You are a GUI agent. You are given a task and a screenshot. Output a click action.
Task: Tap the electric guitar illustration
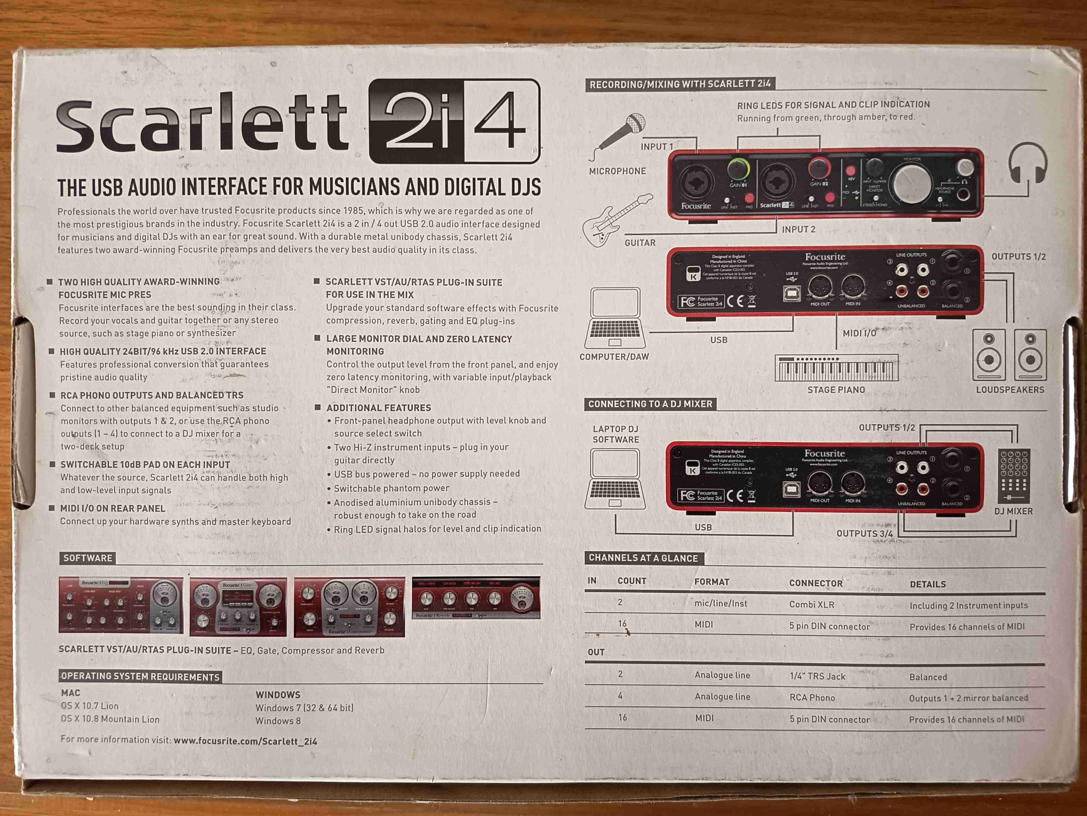point(616,220)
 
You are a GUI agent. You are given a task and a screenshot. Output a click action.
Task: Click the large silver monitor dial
point(912,183)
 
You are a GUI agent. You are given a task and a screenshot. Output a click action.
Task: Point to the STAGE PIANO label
point(836,390)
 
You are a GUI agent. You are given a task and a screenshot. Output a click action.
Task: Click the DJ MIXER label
point(1013,511)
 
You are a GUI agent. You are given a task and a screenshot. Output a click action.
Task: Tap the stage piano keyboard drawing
point(836,368)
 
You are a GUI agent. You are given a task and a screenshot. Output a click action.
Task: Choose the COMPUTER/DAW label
point(614,357)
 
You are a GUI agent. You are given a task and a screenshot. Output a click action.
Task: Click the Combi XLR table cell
point(811,604)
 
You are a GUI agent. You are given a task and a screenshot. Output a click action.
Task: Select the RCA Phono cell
point(812,697)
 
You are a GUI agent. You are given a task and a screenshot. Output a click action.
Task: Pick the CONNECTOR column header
point(816,583)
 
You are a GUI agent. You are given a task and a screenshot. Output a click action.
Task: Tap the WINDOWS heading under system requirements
point(278,694)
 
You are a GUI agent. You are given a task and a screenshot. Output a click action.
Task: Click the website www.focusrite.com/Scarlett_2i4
point(245,741)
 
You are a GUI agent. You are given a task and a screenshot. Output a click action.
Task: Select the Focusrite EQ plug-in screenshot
point(120,605)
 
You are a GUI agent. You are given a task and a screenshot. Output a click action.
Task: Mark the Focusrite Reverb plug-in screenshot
point(476,598)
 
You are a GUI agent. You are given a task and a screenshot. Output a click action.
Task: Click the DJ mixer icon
point(1014,476)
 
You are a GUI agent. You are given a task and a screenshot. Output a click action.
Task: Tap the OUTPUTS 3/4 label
point(864,533)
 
